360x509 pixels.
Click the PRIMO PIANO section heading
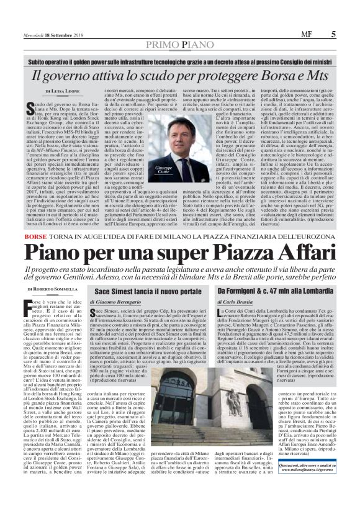click(x=180, y=45)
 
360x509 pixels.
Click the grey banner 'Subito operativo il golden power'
click(x=180, y=62)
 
